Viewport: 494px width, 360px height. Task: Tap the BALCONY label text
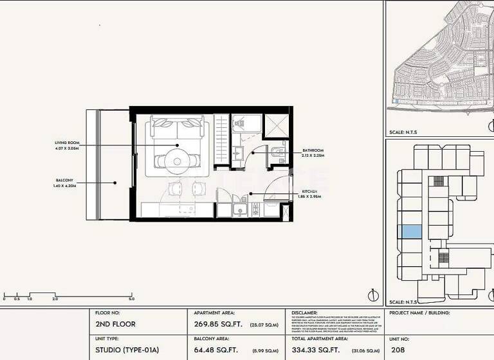[x=64, y=180]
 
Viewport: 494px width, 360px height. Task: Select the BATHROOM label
[x=313, y=150]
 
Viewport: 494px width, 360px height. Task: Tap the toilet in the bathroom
[x=276, y=152]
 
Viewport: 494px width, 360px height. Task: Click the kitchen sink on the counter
[x=241, y=210]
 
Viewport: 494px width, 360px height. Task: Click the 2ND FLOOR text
[x=115, y=324]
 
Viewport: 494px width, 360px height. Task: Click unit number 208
[x=399, y=350]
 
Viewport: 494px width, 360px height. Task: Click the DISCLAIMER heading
[x=306, y=313]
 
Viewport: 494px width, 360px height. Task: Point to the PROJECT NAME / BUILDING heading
[x=419, y=313]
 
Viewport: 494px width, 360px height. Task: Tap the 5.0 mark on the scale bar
[x=131, y=299]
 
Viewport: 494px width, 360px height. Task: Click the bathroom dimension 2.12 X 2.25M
[x=313, y=156]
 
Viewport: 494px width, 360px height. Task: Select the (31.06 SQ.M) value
[x=365, y=350]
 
